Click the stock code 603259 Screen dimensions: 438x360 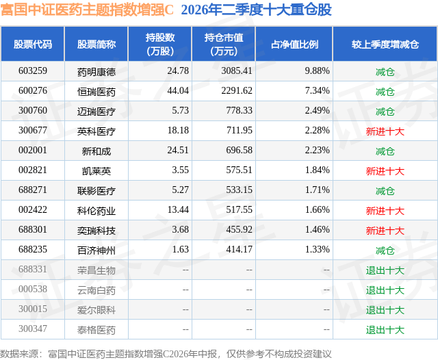click(33, 71)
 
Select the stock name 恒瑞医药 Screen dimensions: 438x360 click(96, 92)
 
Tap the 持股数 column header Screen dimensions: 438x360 click(160, 44)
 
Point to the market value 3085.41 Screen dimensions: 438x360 click(237, 71)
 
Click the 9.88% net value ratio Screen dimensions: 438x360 click(317, 71)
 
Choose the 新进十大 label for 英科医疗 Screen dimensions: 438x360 click(385, 131)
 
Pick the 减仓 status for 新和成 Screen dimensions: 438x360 click(385, 151)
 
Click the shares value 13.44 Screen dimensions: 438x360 click(178, 209)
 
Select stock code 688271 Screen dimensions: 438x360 click(33, 190)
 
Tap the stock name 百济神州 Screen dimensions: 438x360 click(96, 250)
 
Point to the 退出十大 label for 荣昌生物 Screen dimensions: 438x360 click(385, 270)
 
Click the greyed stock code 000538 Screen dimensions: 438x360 click(33, 289)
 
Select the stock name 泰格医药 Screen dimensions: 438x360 click(96, 330)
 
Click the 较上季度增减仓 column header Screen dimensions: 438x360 click(385, 44)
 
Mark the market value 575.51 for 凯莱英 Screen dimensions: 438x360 click(239, 170)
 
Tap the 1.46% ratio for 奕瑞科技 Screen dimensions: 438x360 click(317, 229)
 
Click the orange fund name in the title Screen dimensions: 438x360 click(87, 10)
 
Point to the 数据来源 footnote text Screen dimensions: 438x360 click(166, 354)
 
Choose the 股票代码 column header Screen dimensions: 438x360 click(33, 44)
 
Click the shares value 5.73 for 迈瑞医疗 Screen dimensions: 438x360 click(180, 111)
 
